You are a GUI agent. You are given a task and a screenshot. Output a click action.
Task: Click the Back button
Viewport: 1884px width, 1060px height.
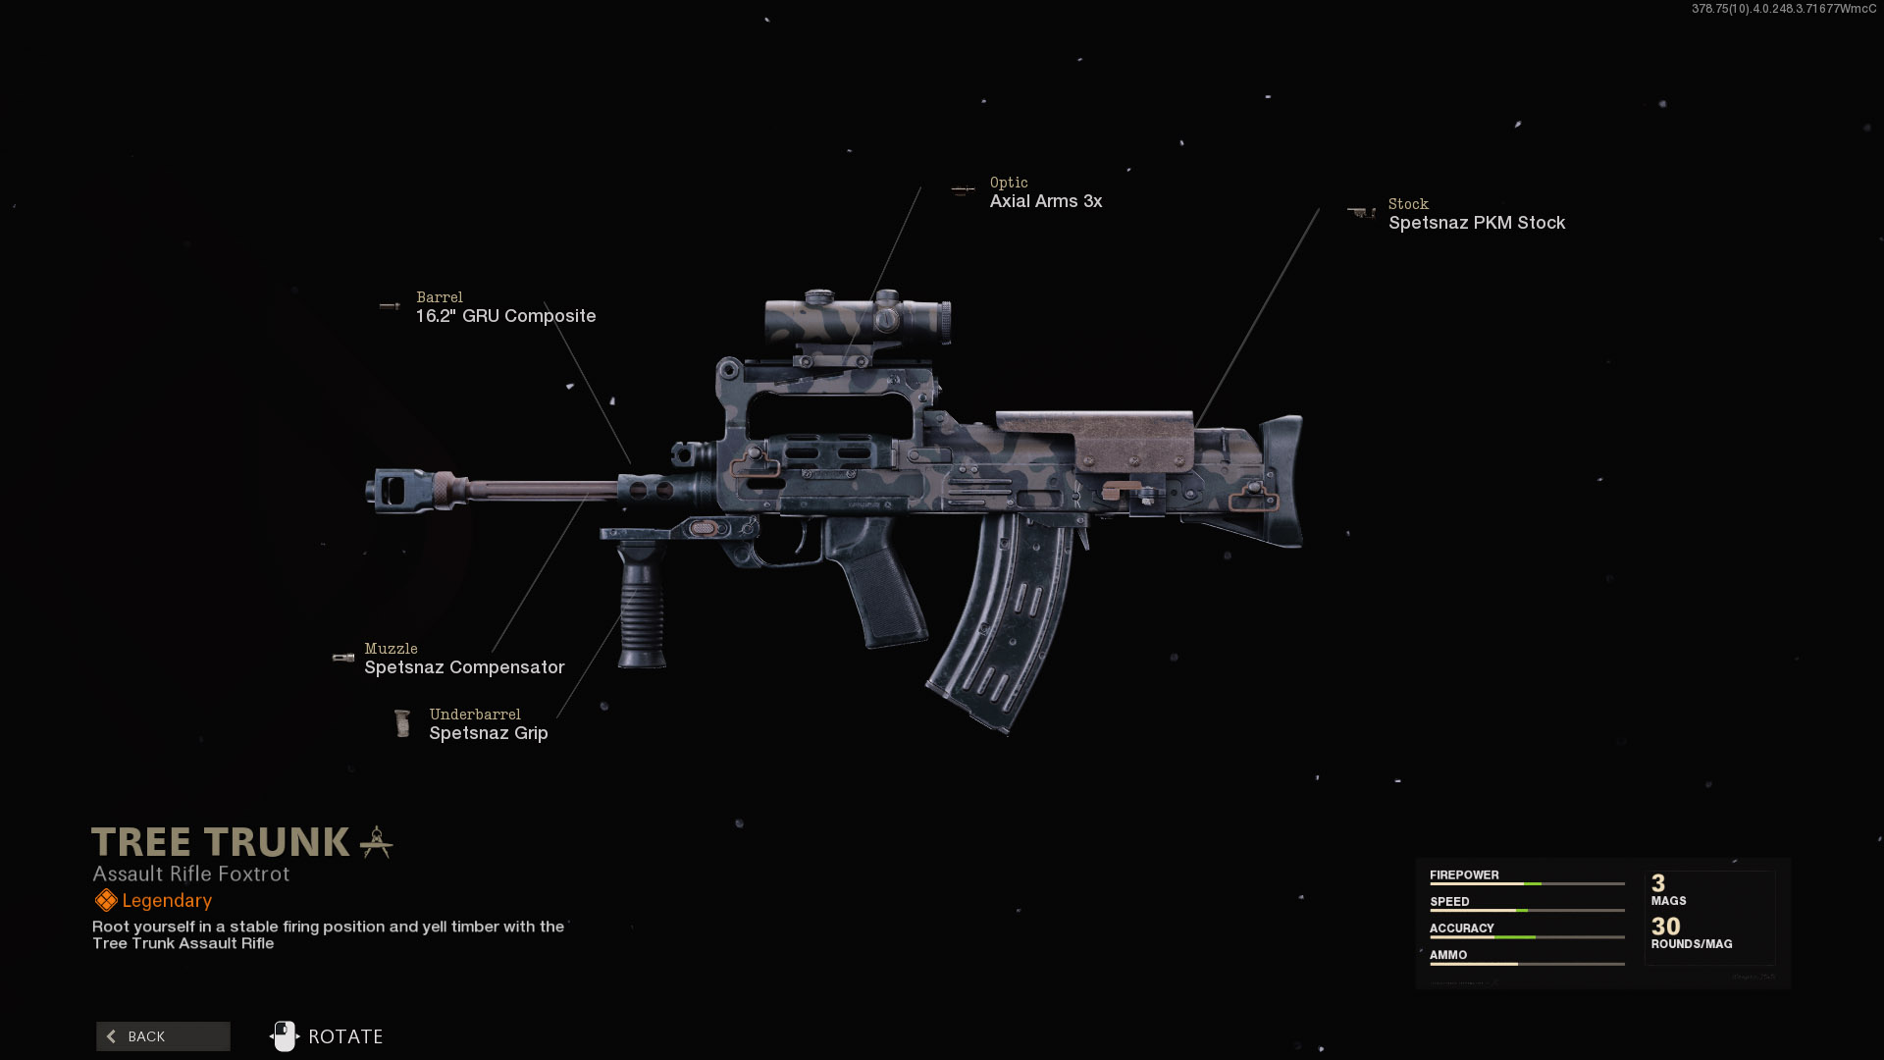coord(163,1036)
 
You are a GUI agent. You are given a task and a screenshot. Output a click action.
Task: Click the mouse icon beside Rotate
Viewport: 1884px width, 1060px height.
coord(285,1036)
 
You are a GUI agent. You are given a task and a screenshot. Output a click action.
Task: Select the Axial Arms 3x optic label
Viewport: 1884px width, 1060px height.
coord(1045,201)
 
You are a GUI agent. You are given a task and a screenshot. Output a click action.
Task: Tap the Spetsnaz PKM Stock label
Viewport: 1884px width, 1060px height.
coord(1476,223)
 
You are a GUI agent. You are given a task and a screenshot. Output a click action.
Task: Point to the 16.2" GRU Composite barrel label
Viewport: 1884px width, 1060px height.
coord(505,316)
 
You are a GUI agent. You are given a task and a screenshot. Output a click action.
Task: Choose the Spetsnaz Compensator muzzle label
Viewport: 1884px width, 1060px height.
coord(464,667)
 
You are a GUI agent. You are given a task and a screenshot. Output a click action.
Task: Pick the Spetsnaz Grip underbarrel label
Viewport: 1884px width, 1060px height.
coord(488,733)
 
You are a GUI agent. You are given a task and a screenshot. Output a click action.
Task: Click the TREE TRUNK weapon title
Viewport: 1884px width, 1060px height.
coord(221,842)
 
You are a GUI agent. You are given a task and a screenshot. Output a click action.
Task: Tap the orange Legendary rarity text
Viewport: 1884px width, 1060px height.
coord(167,901)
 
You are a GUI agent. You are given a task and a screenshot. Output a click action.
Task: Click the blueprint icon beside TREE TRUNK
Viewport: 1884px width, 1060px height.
coord(376,842)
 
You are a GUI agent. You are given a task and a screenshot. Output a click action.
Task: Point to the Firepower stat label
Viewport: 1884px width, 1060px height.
coord(1464,874)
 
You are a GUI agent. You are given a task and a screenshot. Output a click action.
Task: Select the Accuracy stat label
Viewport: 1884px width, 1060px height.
coord(1461,927)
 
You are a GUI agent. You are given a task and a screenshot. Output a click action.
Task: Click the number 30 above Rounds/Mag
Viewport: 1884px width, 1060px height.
coord(1665,927)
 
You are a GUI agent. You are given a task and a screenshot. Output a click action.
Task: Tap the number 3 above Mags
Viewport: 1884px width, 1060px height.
coord(1658,883)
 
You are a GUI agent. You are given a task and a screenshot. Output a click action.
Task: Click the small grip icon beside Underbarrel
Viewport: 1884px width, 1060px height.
coord(401,723)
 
